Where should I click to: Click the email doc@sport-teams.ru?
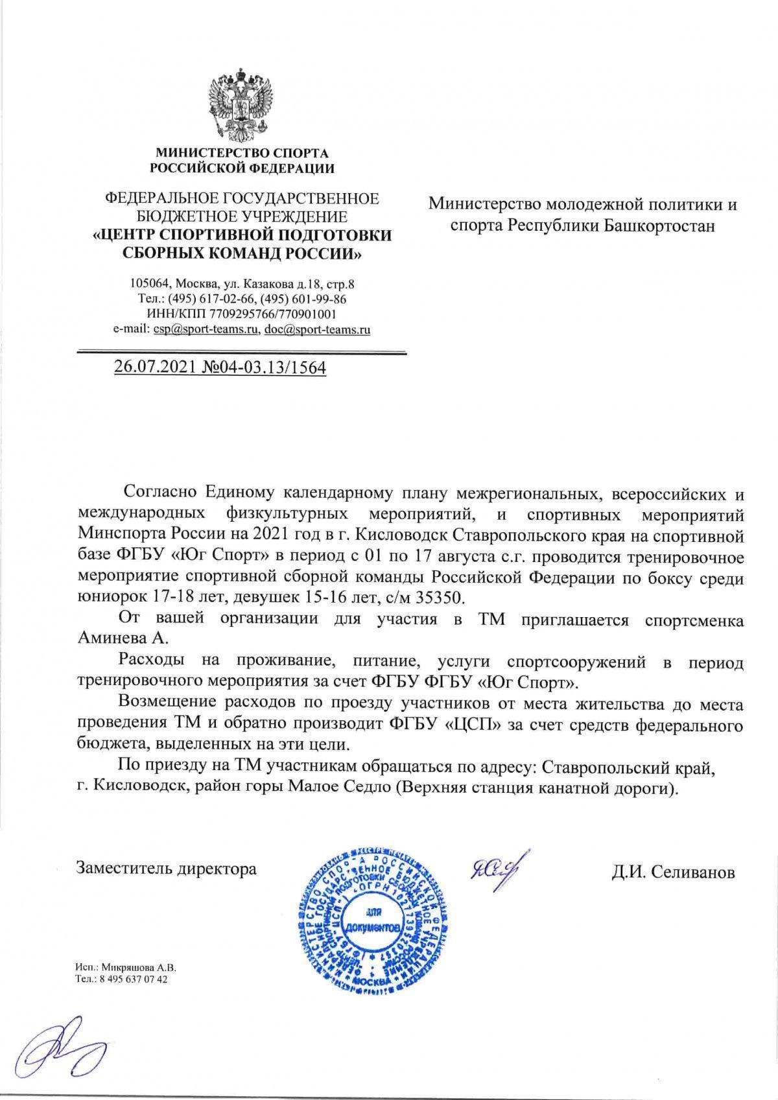317,329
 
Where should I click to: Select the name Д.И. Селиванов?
673,872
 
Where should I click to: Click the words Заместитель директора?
167,869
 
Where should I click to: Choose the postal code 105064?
150,284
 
